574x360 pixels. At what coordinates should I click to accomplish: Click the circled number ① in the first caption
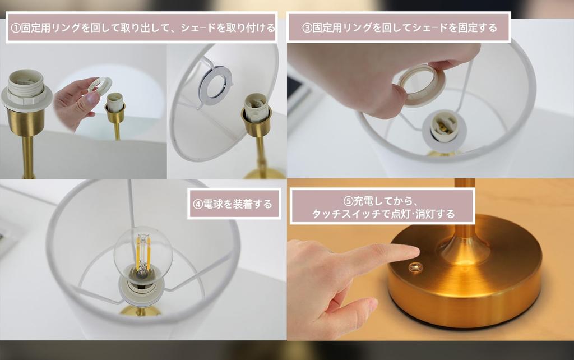pyautogui.click(x=16, y=28)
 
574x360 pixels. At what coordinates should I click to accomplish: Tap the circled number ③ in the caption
pyautogui.click(x=307, y=28)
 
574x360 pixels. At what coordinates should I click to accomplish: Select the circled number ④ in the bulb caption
pyautogui.click(x=198, y=204)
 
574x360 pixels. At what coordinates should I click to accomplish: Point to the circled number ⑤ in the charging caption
pyautogui.click(x=348, y=201)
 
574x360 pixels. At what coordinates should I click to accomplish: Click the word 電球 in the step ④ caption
pyautogui.click(x=212, y=204)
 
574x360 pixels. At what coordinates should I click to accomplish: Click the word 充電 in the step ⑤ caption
pyautogui.click(x=363, y=201)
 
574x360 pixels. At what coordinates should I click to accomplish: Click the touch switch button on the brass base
pyautogui.click(x=415, y=267)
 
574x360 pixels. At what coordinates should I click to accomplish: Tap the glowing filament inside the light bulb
pyautogui.click(x=143, y=253)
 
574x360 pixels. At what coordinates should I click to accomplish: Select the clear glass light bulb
pyautogui.click(x=143, y=255)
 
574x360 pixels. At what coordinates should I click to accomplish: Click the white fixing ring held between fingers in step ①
pyautogui.click(x=100, y=87)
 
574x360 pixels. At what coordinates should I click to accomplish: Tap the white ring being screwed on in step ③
pyautogui.click(x=422, y=85)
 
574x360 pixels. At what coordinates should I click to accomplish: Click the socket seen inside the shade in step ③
pyautogui.click(x=444, y=131)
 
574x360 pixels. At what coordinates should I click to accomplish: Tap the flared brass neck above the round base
pyautogui.click(x=465, y=248)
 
